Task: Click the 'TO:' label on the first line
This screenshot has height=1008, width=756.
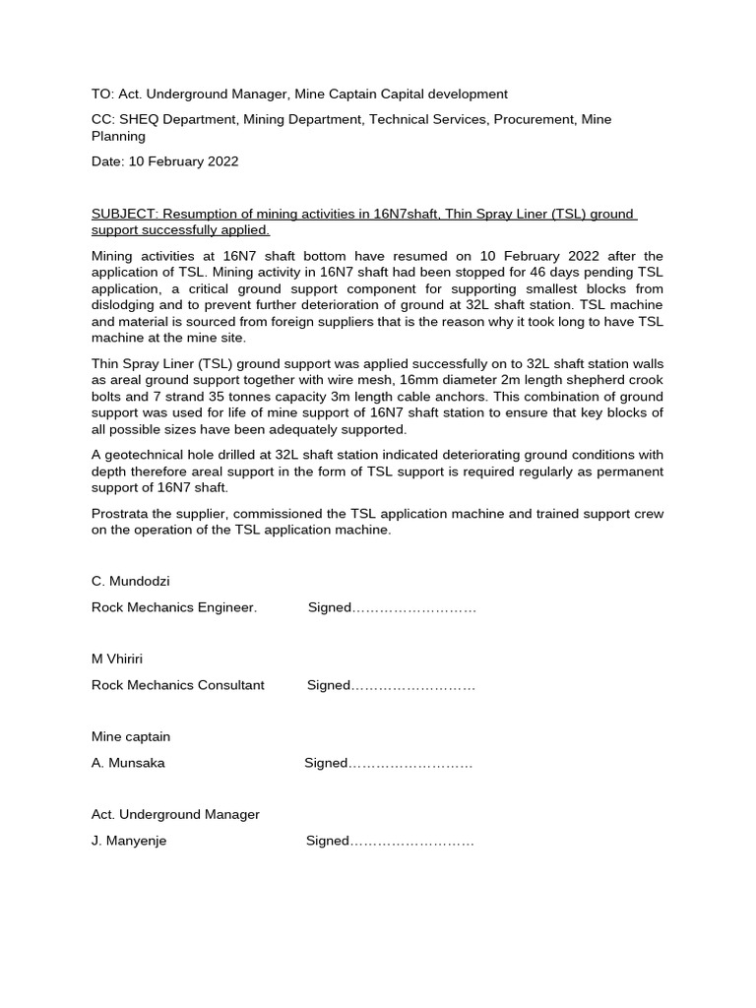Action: [102, 94]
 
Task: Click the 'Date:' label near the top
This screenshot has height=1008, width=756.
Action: [107, 161]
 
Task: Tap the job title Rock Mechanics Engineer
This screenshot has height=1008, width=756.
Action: [174, 607]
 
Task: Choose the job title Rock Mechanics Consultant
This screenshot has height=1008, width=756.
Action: [178, 685]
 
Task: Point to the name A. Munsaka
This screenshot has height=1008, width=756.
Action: [128, 763]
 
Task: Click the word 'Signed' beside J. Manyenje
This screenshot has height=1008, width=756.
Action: [328, 841]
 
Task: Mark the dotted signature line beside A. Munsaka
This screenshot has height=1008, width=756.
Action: [410, 764]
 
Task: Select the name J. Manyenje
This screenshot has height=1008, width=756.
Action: [129, 841]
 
